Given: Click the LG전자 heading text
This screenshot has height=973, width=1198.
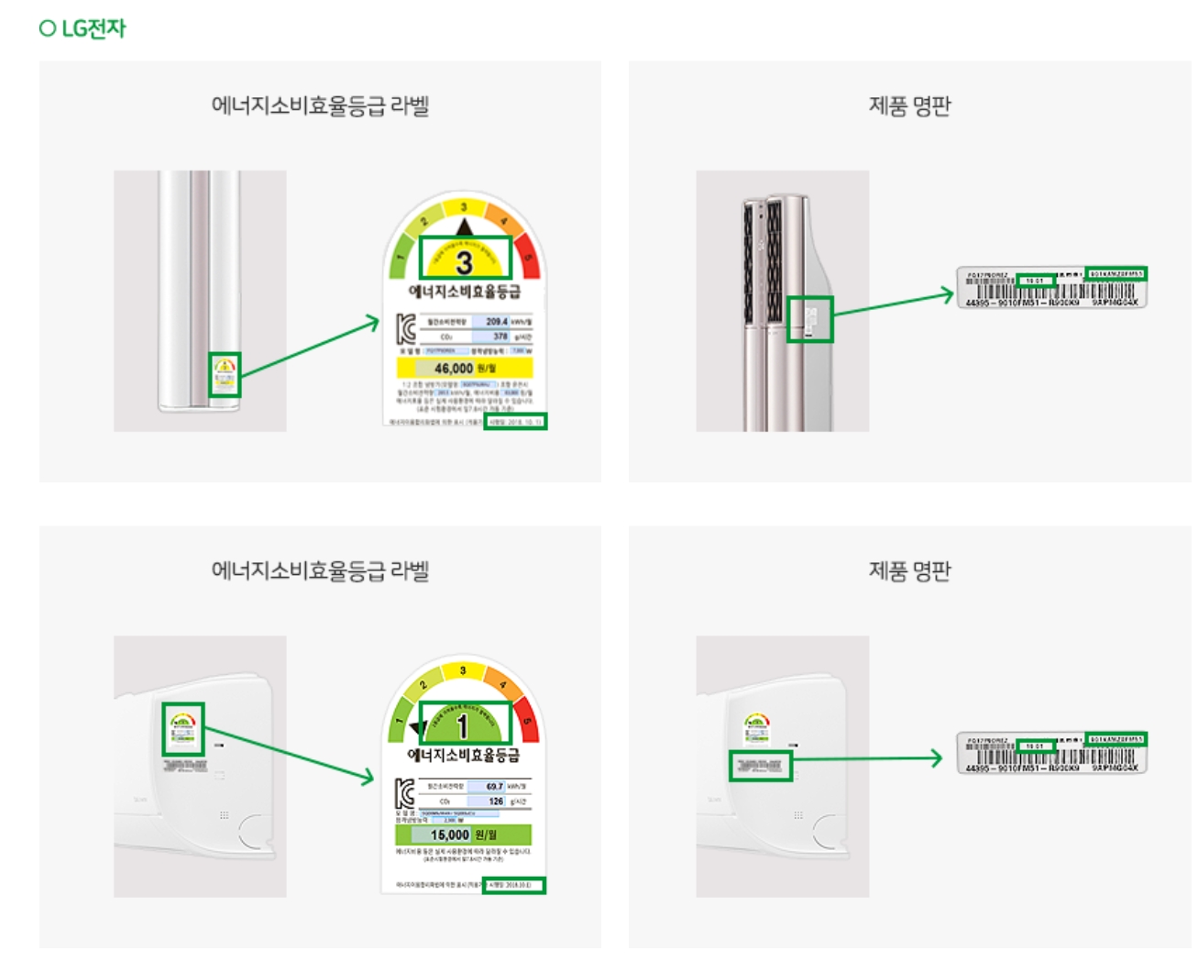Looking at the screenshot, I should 93,28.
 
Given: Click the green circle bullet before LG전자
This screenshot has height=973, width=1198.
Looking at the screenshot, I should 48,28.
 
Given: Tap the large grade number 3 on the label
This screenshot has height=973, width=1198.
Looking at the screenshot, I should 464,261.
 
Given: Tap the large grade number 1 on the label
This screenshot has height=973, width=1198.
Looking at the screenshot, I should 463,725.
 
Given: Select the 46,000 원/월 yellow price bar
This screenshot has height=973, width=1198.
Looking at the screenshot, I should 464,368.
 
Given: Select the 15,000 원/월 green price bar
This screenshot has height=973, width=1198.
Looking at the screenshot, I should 463,835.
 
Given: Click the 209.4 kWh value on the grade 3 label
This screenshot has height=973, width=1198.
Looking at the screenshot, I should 497,322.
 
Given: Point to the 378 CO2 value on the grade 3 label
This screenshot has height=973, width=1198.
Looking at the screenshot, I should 500,337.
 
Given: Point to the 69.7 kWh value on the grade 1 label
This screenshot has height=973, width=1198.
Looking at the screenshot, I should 494,787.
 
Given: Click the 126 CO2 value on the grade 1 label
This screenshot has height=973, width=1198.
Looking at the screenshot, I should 496,802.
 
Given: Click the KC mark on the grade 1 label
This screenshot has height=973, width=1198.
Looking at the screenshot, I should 404,793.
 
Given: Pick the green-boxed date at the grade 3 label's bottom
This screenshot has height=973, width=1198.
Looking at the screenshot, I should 515,422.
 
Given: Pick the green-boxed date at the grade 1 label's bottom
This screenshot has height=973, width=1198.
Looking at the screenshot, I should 513,885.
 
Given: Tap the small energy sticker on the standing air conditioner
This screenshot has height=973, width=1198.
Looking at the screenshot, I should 225,374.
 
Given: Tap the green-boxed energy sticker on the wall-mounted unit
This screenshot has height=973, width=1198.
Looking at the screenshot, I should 183,728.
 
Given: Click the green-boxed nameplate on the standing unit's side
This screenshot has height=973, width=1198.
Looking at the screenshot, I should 810,319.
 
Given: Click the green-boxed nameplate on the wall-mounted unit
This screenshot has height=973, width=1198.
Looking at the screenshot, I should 760,765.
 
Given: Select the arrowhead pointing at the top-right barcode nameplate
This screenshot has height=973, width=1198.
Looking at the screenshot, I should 947,294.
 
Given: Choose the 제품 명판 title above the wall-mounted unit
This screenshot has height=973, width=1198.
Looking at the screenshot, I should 909,570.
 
